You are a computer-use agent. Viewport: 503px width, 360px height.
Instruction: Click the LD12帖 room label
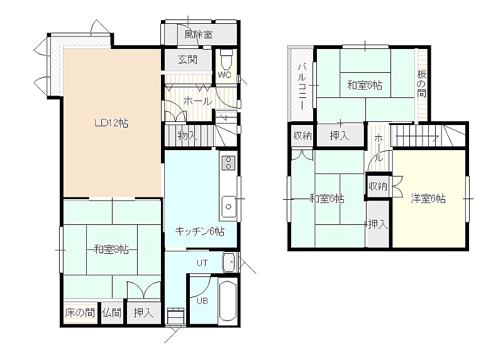click(111, 123)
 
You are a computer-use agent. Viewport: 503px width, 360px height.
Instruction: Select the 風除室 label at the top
click(199, 35)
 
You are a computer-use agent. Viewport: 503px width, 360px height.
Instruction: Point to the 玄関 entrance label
click(187, 60)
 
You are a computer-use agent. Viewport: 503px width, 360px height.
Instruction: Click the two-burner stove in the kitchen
click(228, 163)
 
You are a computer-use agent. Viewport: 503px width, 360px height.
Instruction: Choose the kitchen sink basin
click(228, 207)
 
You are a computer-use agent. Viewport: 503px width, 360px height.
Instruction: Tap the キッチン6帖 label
click(199, 231)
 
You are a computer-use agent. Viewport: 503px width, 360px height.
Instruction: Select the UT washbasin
click(229, 262)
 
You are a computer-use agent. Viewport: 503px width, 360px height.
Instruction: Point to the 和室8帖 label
click(111, 249)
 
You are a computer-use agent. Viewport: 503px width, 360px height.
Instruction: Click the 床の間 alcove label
click(80, 312)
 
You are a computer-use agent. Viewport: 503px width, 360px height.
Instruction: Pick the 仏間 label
click(112, 312)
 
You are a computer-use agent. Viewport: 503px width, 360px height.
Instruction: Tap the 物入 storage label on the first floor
click(187, 136)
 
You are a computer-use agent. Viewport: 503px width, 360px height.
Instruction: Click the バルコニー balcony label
click(302, 86)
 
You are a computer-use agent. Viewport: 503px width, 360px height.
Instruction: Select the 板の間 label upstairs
click(421, 84)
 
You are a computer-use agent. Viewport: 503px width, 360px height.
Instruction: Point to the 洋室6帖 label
click(428, 199)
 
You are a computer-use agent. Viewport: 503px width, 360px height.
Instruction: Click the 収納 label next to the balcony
click(302, 136)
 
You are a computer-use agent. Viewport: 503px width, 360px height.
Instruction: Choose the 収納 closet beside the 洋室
click(379, 185)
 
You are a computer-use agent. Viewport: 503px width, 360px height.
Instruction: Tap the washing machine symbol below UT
click(176, 316)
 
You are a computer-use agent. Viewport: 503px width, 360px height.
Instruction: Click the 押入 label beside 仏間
click(143, 312)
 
